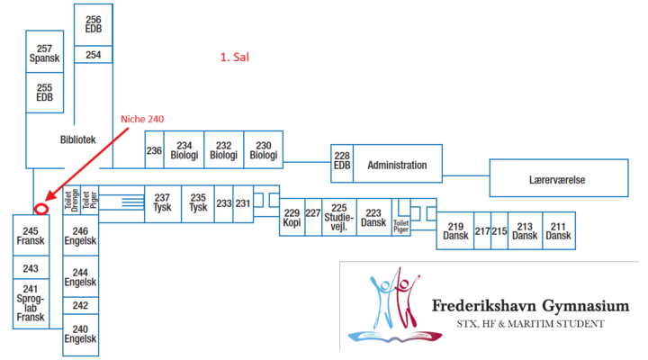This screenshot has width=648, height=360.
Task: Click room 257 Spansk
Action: [43, 54]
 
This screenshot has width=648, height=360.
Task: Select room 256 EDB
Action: [94, 24]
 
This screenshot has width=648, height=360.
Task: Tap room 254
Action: [94, 55]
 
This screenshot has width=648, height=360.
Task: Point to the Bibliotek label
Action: [77, 139]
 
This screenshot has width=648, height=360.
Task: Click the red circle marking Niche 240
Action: [40, 209]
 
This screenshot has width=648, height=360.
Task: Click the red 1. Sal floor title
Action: [234, 57]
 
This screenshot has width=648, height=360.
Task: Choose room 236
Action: [154, 150]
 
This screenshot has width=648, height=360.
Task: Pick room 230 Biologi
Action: [263, 150]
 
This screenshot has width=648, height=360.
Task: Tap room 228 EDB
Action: [342, 159]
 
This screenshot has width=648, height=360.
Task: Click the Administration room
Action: [396, 166]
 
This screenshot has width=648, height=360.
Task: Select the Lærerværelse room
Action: [557, 179]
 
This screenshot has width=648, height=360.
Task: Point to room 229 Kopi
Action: [291, 218]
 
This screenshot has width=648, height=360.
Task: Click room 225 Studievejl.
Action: [339, 218]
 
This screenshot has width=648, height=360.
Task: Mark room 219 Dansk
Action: [454, 231]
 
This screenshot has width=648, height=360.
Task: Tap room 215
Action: [499, 231]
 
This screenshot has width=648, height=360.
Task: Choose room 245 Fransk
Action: [31, 236]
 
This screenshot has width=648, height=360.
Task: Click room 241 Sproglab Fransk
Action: [31, 303]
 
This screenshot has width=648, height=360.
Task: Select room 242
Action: [80, 305]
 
